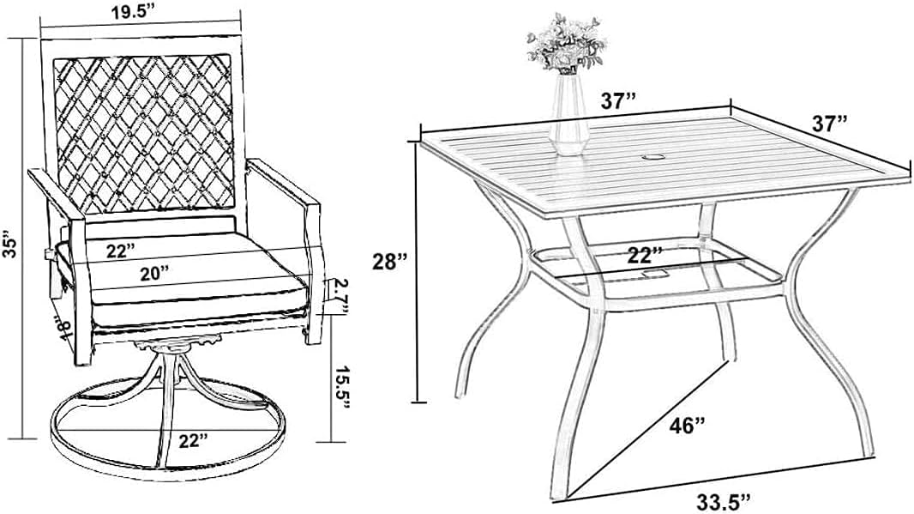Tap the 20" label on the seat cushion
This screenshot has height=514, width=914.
(153, 272)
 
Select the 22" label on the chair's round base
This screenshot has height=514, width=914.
(194, 440)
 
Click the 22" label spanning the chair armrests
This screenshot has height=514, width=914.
(122, 251)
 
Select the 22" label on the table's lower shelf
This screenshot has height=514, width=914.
(645, 254)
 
